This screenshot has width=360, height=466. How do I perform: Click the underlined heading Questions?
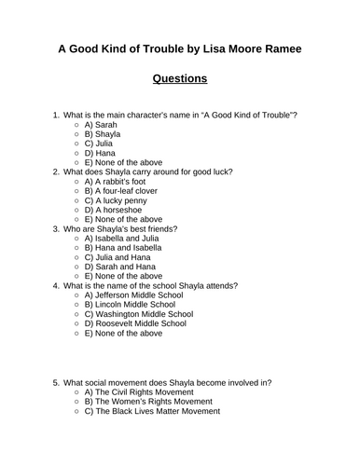click(x=179, y=78)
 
